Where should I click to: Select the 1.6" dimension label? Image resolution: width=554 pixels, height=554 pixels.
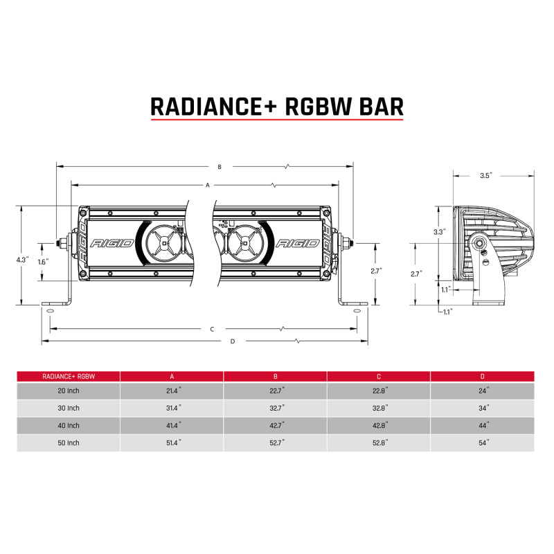(x=44, y=262)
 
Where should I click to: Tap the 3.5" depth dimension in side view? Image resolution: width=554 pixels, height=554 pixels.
(x=485, y=176)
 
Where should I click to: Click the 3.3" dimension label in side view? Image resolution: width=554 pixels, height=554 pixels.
(x=438, y=231)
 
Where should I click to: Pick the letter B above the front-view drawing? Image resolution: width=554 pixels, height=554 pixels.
(x=219, y=167)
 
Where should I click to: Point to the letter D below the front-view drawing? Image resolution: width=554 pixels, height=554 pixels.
(x=233, y=341)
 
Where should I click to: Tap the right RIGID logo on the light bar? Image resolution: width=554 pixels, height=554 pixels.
(x=297, y=244)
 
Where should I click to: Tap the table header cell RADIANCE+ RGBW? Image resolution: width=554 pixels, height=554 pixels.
(x=69, y=376)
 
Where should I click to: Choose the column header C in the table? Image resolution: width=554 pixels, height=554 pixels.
(x=379, y=376)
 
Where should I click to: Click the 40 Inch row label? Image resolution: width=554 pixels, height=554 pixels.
(x=69, y=425)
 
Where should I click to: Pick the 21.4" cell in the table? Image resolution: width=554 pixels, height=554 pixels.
(x=172, y=392)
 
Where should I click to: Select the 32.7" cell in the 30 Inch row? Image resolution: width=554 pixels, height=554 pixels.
(x=275, y=409)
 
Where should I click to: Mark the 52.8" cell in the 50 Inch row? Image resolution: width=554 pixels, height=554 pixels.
(x=379, y=442)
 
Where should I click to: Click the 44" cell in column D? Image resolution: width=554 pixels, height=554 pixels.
(x=483, y=425)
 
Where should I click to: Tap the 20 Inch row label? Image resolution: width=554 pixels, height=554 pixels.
(x=69, y=392)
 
